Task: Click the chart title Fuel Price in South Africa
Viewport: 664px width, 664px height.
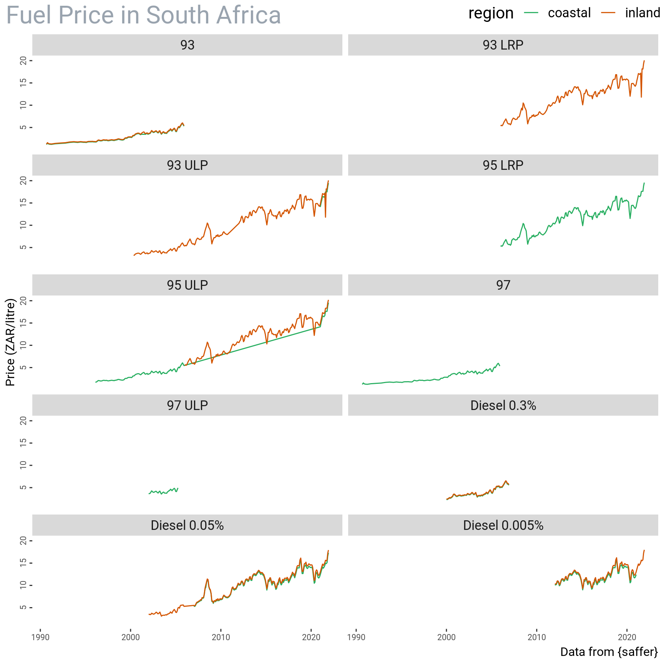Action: click(x=143, y=15)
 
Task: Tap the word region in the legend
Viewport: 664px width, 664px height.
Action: click(x=491, y=13)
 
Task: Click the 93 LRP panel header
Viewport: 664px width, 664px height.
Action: click(x=503, y=45)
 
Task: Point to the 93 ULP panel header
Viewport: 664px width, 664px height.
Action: click(x=187, y=165)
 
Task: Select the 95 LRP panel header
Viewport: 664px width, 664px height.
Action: click(x=503, y=165)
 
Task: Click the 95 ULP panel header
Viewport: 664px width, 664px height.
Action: click(x=187, y=285)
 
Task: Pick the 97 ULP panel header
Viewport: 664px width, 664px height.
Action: click(x=187, y=405)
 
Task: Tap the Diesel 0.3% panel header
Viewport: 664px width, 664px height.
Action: click(x=503, y=405)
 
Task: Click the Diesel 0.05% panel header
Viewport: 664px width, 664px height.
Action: click(x=187, y=525)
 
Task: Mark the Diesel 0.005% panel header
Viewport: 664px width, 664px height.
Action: click(x=503, y=525)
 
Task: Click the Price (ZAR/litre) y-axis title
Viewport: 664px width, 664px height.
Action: click(x=10, y=342)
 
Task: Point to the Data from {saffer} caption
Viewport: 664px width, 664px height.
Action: click(x=609, y=652)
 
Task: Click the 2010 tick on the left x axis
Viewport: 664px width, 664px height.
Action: click(x=221, y=637)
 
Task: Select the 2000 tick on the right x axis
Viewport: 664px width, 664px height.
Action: click(x=446, y=637)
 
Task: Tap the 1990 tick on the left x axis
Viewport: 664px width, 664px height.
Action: click(x=40, y=637)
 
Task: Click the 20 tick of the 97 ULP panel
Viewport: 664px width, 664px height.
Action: click(x=24, y=421)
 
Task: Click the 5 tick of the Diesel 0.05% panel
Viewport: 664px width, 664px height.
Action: click(x=24, y=608)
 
